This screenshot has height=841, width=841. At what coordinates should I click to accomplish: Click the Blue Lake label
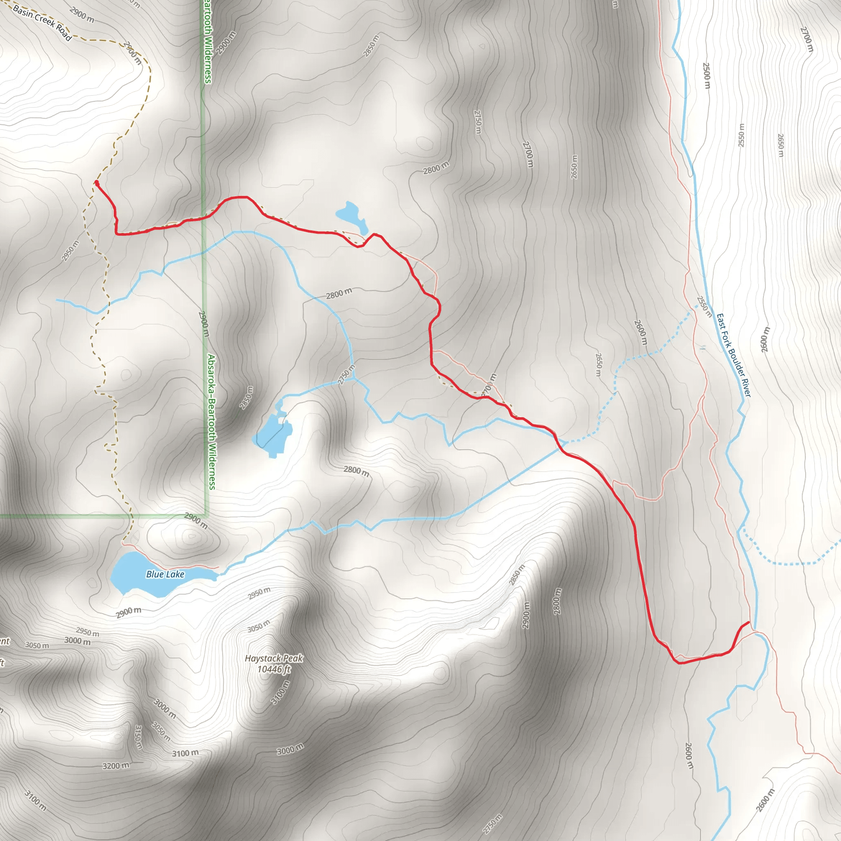click(x=165, y=574)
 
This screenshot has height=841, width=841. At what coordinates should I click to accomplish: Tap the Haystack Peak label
click(x=273, y=658)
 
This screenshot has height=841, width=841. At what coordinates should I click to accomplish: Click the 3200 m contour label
click(x=116, y=766)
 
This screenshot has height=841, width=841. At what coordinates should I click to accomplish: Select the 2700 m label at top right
click(x=807, y=39)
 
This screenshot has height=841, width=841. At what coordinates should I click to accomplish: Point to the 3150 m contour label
click(x=138, y=737)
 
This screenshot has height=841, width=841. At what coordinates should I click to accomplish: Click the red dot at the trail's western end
click(x=96, y=182)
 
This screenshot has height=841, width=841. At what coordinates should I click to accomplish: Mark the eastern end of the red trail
click(x=749, y=623)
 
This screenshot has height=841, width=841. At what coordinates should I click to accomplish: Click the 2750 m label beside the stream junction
click(x=346, y=375)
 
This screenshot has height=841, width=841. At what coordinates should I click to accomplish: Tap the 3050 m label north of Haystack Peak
click(x=259, y=626)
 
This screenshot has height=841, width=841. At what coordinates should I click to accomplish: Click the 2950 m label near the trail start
click(x=71, y=251)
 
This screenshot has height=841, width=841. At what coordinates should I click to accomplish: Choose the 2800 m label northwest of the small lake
click(x=436, y=168)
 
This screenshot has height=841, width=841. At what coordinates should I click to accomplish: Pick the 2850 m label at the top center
click(x=371, y=46)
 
